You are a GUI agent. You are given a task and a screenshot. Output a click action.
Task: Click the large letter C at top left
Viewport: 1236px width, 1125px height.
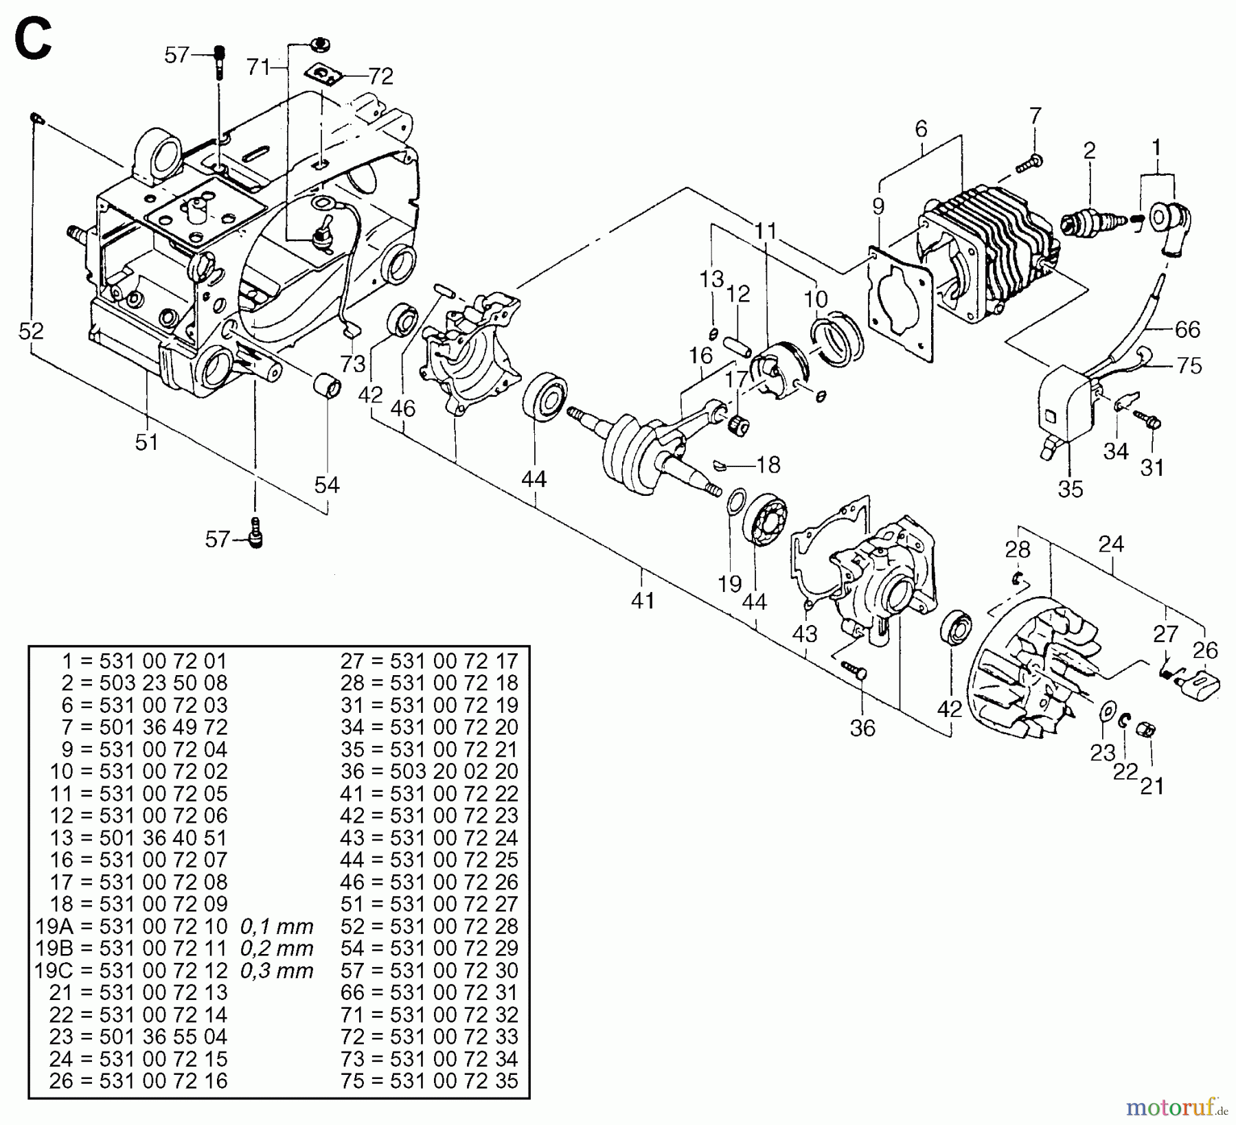(33, 40)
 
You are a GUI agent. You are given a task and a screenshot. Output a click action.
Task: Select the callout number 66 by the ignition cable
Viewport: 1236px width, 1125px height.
(1187, 330)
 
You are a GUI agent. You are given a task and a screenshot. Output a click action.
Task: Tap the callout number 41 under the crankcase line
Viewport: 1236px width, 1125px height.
(643, 600)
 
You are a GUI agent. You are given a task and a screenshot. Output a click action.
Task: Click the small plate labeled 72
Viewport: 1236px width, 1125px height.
(325, 73)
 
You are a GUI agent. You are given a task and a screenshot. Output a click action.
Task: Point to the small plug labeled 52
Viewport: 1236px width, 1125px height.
(36, 120)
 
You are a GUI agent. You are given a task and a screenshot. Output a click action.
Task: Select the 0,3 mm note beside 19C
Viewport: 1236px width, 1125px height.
(277, 970)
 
